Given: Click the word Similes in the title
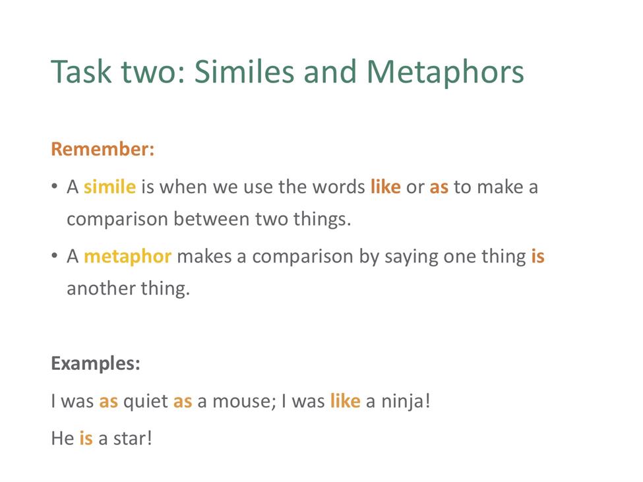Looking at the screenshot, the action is pyautogui.click(x=244, y=72).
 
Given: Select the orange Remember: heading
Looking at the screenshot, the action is pyautogui.click(x=102, y=149).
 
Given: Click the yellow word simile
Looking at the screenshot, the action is pyautogui.click(x=109, y=187).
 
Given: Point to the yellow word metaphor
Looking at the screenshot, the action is pyautogui.click(x=127, y=257).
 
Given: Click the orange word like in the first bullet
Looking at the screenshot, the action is pyautogui.click(x=386, y=187).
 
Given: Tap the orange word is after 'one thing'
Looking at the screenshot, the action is pyautogui.click(x=537, y=256).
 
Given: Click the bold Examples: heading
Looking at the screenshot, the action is pyautogui.click(x=96, y=363).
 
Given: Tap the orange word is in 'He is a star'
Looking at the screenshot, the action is pyautogui.click(x=86, y=438).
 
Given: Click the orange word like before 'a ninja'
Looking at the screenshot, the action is pyautogui.click(x=346, y=401).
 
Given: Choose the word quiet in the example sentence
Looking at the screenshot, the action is pyautogui.click(x=146, y=402).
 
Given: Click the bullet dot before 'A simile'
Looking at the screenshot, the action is pyautogui.click(x=55, y=187).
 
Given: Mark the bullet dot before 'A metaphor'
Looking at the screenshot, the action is pyautogui.click(x=55, y=256).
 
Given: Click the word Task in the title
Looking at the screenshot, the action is pyautogui.click(x=81, y=72).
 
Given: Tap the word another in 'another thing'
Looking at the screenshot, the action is pyautogui.click(x=102, y=289).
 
